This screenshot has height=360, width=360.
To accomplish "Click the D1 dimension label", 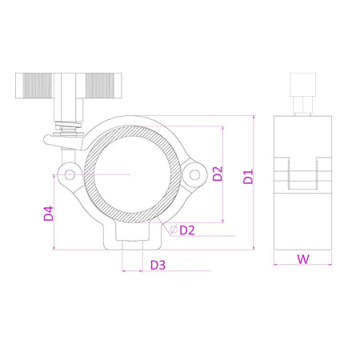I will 248,176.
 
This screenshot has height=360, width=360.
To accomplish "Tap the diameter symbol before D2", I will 173,230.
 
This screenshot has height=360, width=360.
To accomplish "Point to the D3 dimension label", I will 157,265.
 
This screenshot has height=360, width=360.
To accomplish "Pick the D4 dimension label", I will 49,214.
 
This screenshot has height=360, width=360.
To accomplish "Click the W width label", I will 302,258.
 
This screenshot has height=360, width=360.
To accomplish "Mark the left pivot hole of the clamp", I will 70,174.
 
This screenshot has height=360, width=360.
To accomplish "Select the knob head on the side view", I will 302,82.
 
